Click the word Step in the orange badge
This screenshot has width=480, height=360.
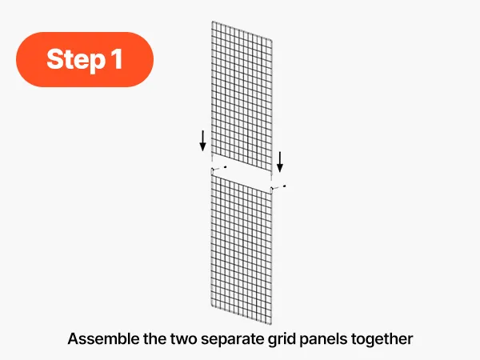tap(76, 60)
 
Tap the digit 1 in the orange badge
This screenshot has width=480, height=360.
tap(118, 58)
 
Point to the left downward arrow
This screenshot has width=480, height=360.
tap(202, 141)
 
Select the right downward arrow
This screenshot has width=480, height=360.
tap(279, 162)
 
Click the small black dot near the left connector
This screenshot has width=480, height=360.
tap(226, 167)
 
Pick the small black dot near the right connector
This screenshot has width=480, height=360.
tap(285, 186)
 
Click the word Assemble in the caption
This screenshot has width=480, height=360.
tap(103, 339)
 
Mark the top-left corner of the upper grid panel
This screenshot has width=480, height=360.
tap(213, 22)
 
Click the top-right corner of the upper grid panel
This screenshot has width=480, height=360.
tap(271, 40)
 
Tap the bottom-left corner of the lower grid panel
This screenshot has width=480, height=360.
tap(211, 306)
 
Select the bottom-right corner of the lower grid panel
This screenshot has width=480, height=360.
tap(271, 325)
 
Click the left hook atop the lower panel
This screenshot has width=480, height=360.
tap(212, 170)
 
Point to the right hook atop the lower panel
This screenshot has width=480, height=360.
tap(271, 190)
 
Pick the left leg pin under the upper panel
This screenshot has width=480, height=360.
tap(212, 158)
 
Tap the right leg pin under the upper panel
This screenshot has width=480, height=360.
tap(271, 176)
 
